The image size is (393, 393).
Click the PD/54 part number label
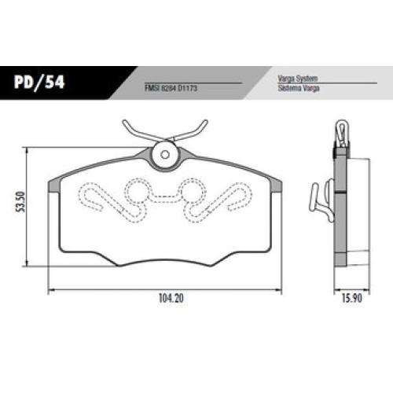(x=39, y=82)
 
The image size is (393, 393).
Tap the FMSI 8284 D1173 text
(x=171, y=88)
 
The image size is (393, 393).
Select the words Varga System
(x=298, y=79)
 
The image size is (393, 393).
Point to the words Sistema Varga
(x=299, y=88)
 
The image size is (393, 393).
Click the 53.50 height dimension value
(x=20, y=202)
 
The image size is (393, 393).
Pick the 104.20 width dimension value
(x=171, y=298)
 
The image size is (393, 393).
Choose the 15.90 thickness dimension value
(x=352, y=298)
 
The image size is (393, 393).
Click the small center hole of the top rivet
(x=165, y=155)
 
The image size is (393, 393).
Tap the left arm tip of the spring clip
(x=125, y=122)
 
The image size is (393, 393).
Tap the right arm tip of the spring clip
(x=205, y=122)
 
